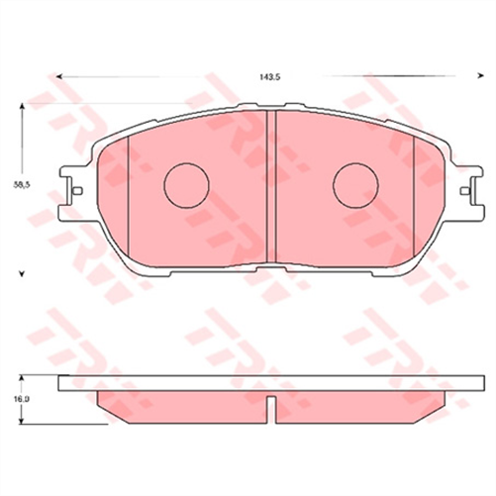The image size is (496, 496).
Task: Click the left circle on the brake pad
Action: click(185, 185)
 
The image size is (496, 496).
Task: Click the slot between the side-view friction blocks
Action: click(270, 403)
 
